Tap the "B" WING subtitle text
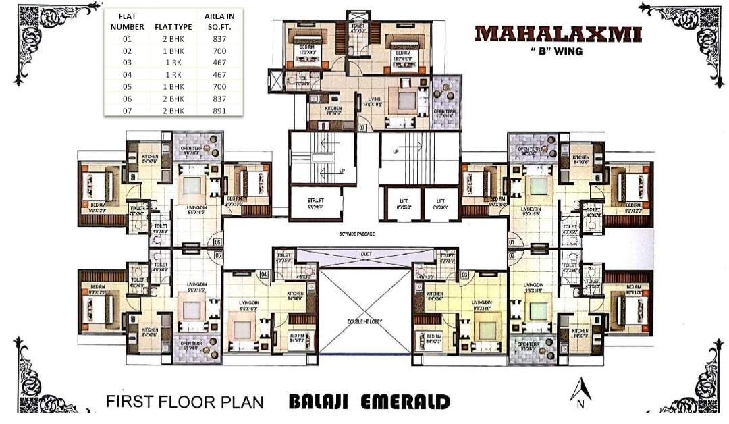558,50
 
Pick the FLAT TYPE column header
173,27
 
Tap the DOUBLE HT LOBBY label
365,322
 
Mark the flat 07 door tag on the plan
362,127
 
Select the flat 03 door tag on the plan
464,274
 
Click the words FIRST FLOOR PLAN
184,402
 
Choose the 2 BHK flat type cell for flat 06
173,99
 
